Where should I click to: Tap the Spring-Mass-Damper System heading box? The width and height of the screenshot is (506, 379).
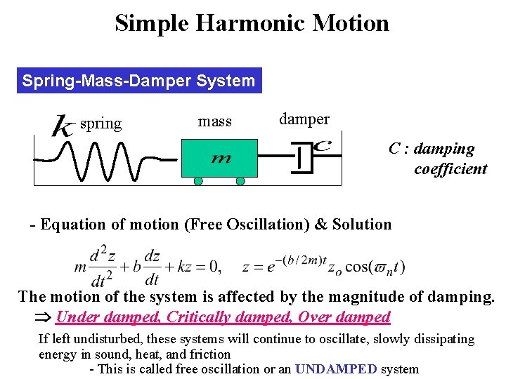[x=138, y=81]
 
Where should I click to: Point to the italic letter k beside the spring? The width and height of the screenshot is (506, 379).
[x=63, y=126]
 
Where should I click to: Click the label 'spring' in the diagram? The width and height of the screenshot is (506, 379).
[x=100, y=124]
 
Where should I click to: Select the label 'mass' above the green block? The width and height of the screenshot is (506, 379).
[x=215, y=121]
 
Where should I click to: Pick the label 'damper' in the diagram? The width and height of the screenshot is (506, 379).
[x=304, y=119]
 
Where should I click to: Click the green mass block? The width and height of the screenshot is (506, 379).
[x=219, y=158]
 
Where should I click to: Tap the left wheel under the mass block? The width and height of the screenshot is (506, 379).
[x=198, y=181]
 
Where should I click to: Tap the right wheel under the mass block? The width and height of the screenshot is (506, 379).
[x=240, y=181]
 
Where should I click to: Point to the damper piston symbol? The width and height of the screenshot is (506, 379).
[x=302, y=157]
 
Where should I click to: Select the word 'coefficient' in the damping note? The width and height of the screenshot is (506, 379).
[x=450, y=169]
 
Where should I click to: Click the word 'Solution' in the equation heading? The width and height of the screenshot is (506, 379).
[x=362, y=225]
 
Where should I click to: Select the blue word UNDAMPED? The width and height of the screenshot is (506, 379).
[x=336, y=369]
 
